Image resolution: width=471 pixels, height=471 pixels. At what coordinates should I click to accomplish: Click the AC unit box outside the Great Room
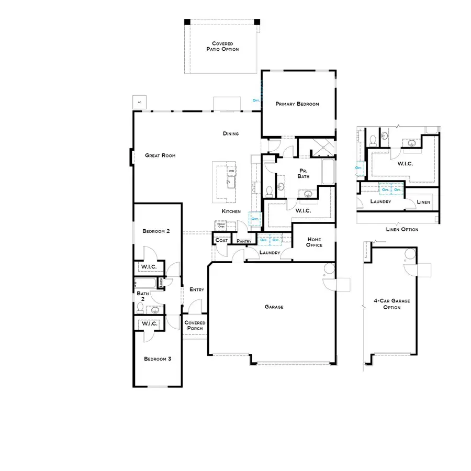[x=139, y=102]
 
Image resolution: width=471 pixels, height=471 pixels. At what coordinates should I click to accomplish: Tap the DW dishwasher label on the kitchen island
[x=231, y=172]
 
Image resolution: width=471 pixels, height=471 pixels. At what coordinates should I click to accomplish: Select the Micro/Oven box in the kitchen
[x=220, y=225]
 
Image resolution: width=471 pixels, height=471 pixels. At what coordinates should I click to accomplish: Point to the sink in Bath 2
[x=155, y=310]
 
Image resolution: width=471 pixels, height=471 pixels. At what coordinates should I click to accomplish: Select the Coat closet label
[x=221, y=241]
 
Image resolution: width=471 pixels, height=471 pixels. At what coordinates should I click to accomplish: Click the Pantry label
[x=244, y=241]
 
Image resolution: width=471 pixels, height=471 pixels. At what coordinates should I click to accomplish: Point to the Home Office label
[x=315, y=242]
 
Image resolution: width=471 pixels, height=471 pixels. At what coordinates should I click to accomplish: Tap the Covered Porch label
[x=195, y=326]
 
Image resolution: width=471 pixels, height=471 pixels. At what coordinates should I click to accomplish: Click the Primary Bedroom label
[x=297, y=104]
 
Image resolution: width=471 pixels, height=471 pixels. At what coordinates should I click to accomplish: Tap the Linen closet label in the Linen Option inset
[x=423, y=202]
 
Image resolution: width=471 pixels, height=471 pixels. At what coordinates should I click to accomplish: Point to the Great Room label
[x=160, y=155]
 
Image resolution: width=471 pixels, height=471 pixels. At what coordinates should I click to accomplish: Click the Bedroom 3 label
[x=158, y=359]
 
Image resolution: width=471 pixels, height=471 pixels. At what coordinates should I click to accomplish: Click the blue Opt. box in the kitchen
[x=255, y=219]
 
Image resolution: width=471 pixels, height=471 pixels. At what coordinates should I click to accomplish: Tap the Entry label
[x=197, y=289]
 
